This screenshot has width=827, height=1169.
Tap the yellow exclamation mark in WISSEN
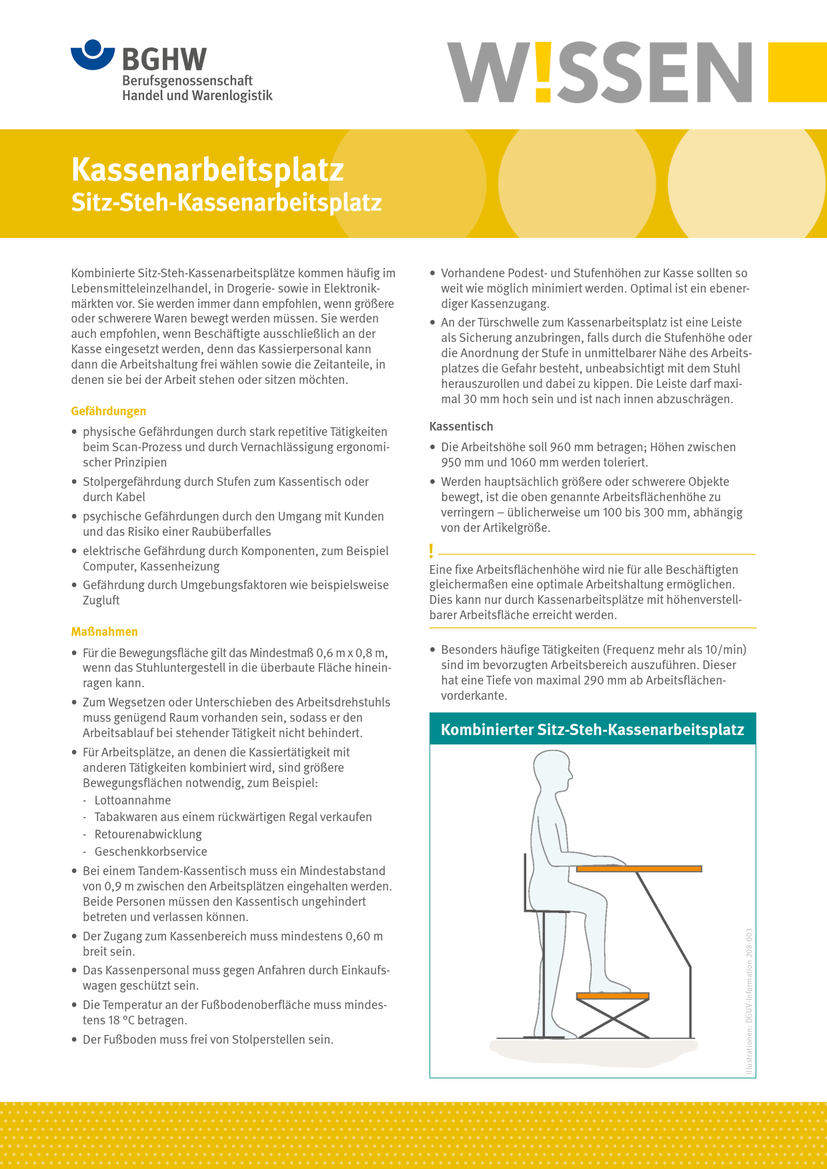pyautogui.click(x=543, y=72)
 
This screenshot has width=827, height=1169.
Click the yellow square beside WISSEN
pyautogui.click(x=797, y=72)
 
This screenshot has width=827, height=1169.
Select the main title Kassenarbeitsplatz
pyautogui.click(x=207, y=169)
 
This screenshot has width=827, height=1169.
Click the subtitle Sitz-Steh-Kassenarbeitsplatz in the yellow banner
pyautogui.click(x=226, y=203)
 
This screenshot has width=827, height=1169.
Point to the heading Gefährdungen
pyautogui.click(x=109, y=411)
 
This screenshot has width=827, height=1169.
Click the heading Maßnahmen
pyautogui.click(x=105, y=632)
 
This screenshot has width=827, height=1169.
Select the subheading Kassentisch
pyautogui.click(x=461, y=427)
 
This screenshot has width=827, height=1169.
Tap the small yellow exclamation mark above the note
pyautogui.click(x=432, y=551)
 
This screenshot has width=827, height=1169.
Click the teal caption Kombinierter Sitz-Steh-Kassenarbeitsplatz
pyautogui.click(x=592, y=730)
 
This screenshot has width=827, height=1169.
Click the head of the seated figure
pyautogui.click(x=552, y=772)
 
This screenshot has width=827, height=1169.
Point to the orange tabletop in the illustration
pyautogui.click(x=639, y=868)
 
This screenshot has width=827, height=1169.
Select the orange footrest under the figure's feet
pyautogui.click(x=612, y=996)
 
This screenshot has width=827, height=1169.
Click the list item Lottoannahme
pyautogui.click(x=133, y=800)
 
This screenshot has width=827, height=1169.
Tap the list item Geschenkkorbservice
pyautogui.click(x=151, y=852)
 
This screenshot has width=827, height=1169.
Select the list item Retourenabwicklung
pyautogui.click(x=148, y=834)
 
